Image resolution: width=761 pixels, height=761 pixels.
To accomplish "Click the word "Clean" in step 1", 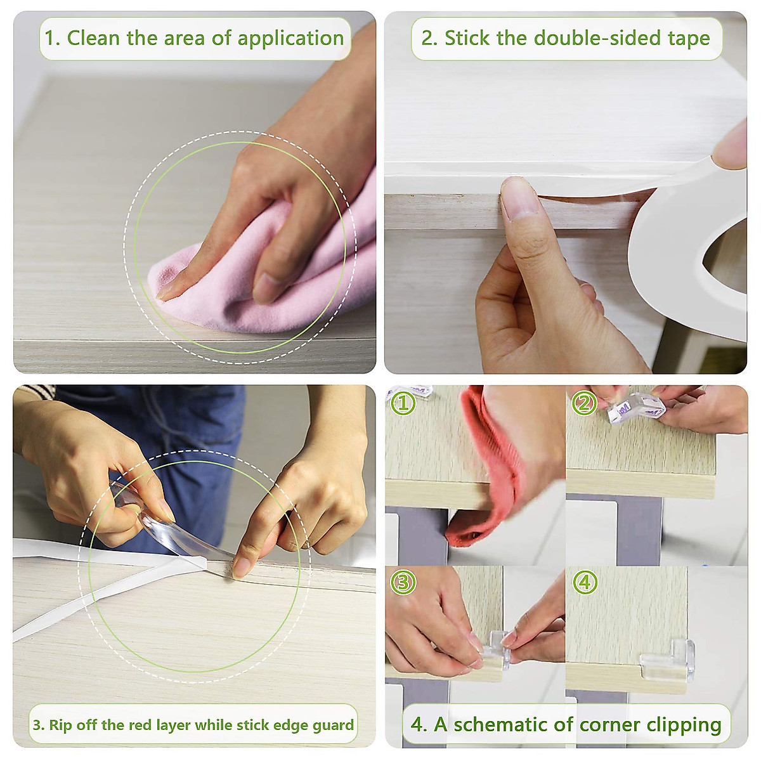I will tap(94, 38).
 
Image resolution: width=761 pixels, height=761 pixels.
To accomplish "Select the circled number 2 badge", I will tap(584, 403).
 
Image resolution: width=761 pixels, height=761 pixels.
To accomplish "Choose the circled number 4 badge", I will tap(584, 582).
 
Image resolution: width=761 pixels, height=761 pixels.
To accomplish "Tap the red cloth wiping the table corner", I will tap(488, 469).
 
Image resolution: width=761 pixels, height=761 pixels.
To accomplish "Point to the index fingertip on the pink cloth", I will tap(168, 290).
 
